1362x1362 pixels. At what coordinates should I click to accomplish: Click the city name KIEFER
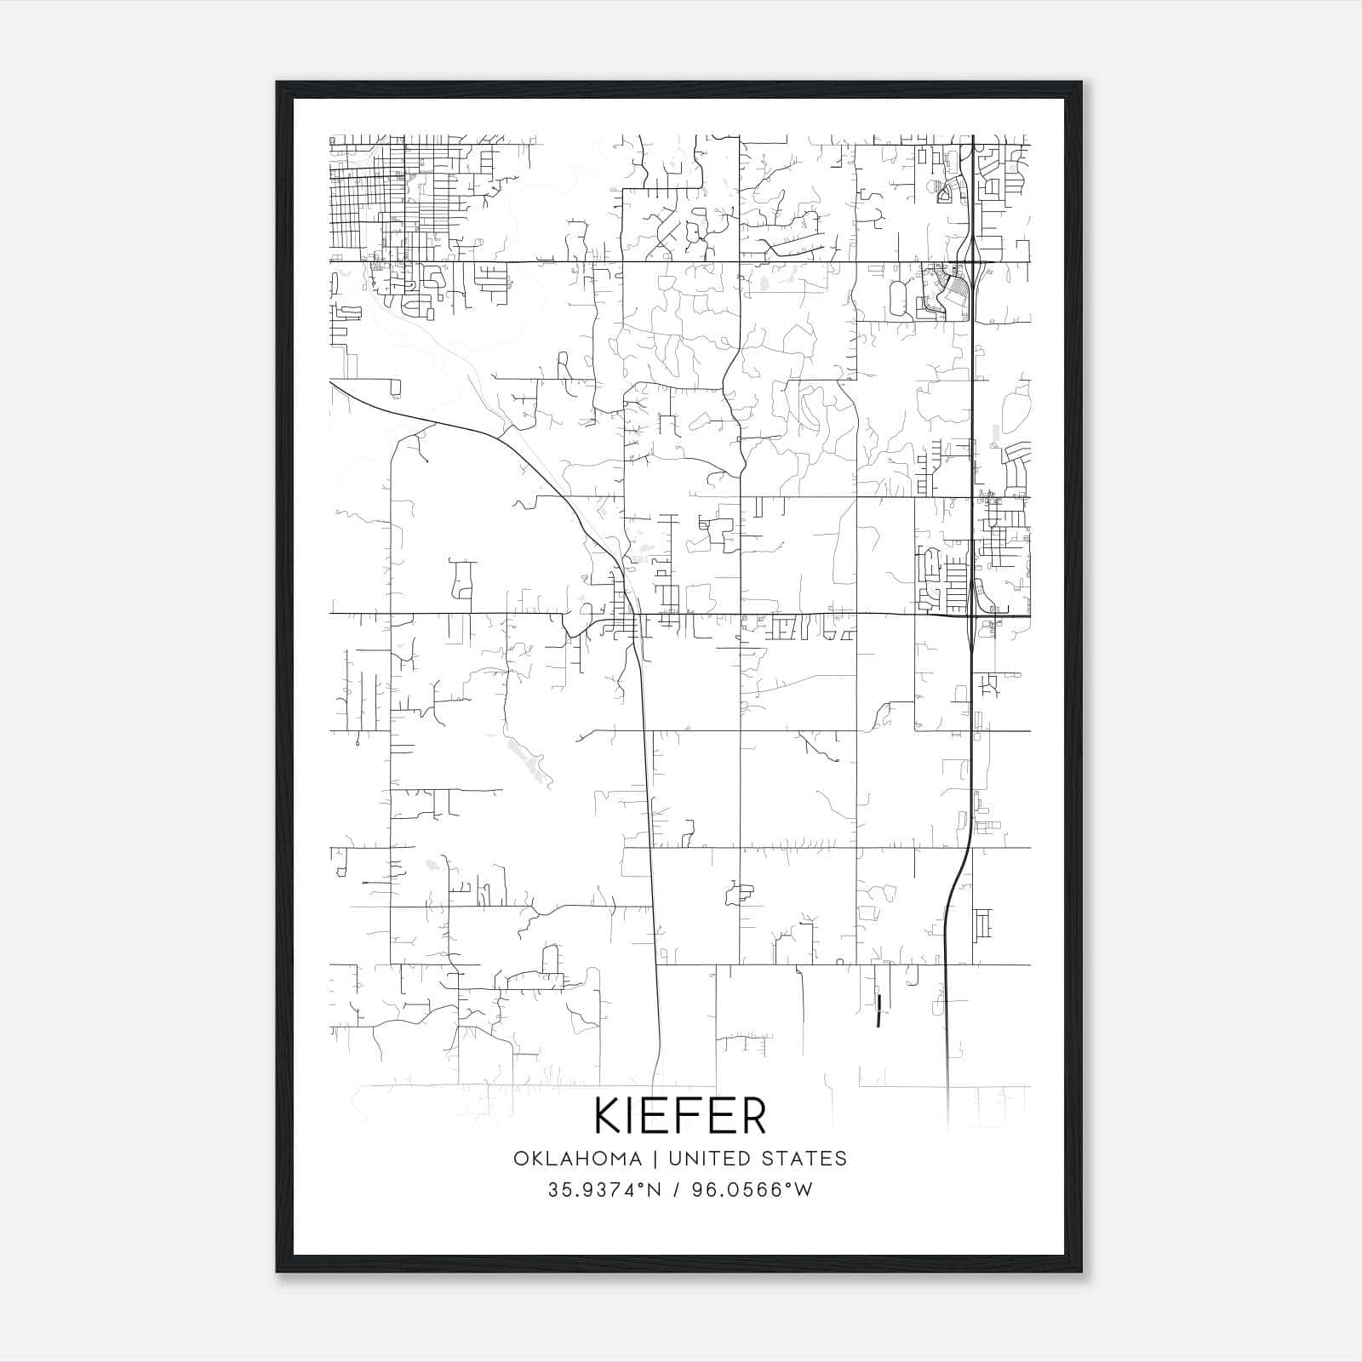pyautogui.click(x=680, y=1116)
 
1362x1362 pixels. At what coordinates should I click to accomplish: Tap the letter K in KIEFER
pyautogui.click(x=609, y=1116)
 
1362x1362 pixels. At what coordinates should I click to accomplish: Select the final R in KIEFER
pyautogui.click(x=752, y=1116)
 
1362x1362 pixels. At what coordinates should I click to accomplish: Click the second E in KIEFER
pyautogui.click(x=724, y=1116)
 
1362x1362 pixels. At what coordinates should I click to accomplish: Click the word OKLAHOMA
pyautogui.click(x=577, y=1159)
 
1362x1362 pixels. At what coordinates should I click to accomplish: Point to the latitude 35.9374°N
pyautogui.click(x=604, y=1190)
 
